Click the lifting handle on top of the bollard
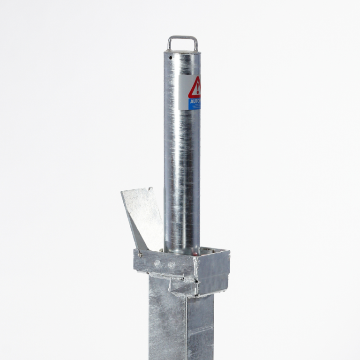pos(182,37)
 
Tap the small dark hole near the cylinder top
pos(170,58)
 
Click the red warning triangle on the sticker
pos(195,88)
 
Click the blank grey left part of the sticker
pos(183,92)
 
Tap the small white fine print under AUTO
pos(195,107)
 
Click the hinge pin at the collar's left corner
pos(140,255)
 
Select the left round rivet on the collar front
pos(157,263)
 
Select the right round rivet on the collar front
pos(172,265)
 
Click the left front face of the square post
pos(167,323)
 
